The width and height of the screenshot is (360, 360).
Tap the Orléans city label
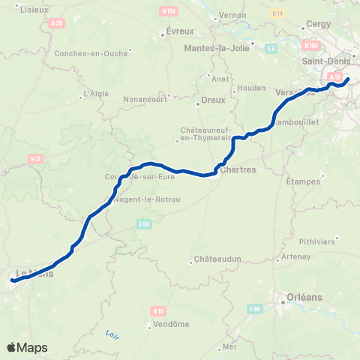point(304,297)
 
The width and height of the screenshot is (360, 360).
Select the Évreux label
point(179,31)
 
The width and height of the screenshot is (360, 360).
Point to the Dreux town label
point(213,100)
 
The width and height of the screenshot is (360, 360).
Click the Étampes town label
point(304,181)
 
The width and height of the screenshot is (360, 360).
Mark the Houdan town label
point(253,87)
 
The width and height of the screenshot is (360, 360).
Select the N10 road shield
point(157,310)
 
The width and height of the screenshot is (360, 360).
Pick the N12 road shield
point(34,159)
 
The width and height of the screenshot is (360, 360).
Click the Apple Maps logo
point(27,347)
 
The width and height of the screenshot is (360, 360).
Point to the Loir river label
point(112,333)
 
